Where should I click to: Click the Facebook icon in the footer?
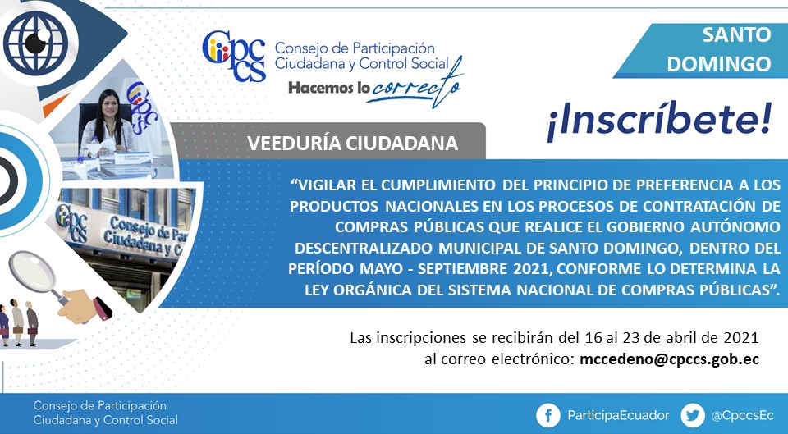pyautogui.click(x=548, y=415)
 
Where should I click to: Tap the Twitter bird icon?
pyautogui.click(x=693, y=415)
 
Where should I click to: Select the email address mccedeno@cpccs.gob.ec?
pyautogui.click(x=670, y=359)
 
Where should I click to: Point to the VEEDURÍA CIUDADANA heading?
pyautogui.click(x=353, y=144)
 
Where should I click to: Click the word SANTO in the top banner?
pyautogui.click(x=737, y=34)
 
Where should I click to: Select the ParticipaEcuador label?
pyautogui.click(x=618, y=415)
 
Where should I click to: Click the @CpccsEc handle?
pyautogui.click(x=742, y=416)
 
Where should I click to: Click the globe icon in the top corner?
pyautogui.click(x=35, y=43)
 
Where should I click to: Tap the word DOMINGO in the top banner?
pyautogui.click(x=719, y=64)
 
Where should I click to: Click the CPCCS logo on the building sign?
pyautogui.click(x=71, y=220)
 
